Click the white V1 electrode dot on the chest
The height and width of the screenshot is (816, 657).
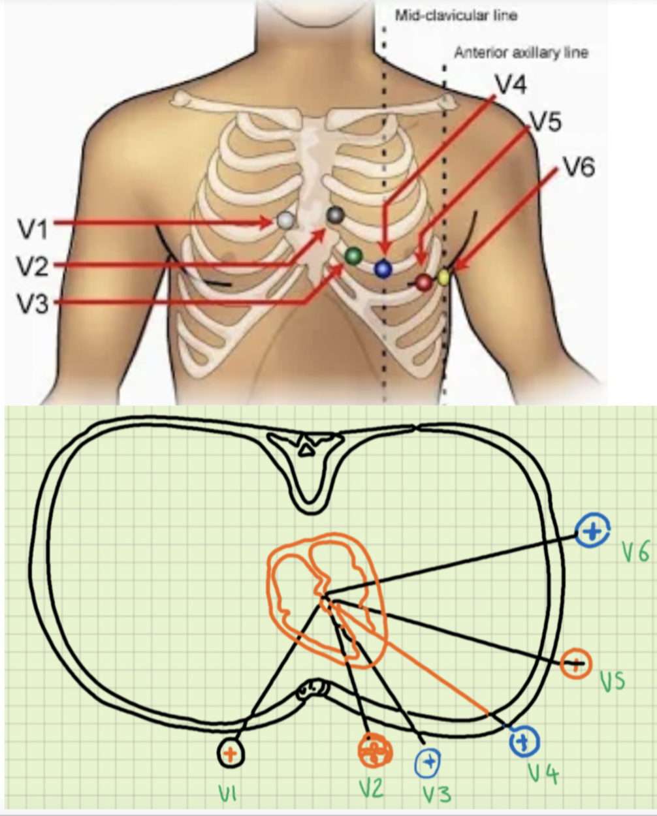[x=285, y=220]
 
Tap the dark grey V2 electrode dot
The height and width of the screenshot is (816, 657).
[x=335, y=214]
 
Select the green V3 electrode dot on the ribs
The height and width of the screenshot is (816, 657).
[x=353, y=255]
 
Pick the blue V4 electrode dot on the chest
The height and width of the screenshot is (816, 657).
[x=383, y=268]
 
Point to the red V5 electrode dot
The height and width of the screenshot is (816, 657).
[x=425, y=282]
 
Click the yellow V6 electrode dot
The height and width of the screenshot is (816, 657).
[x=444, y=277]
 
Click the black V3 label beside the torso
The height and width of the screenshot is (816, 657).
[x=33, y=303]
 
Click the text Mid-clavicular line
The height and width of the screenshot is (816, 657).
[x=456, y=15]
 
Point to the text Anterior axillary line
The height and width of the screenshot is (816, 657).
[x=521, y=52]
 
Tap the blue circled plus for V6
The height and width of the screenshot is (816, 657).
[x=593, y=531]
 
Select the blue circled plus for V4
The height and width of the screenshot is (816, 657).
[x=524, y=741]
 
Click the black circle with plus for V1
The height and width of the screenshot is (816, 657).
[x=231, y=754]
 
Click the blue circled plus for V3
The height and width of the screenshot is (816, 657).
[x=428, y=762]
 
